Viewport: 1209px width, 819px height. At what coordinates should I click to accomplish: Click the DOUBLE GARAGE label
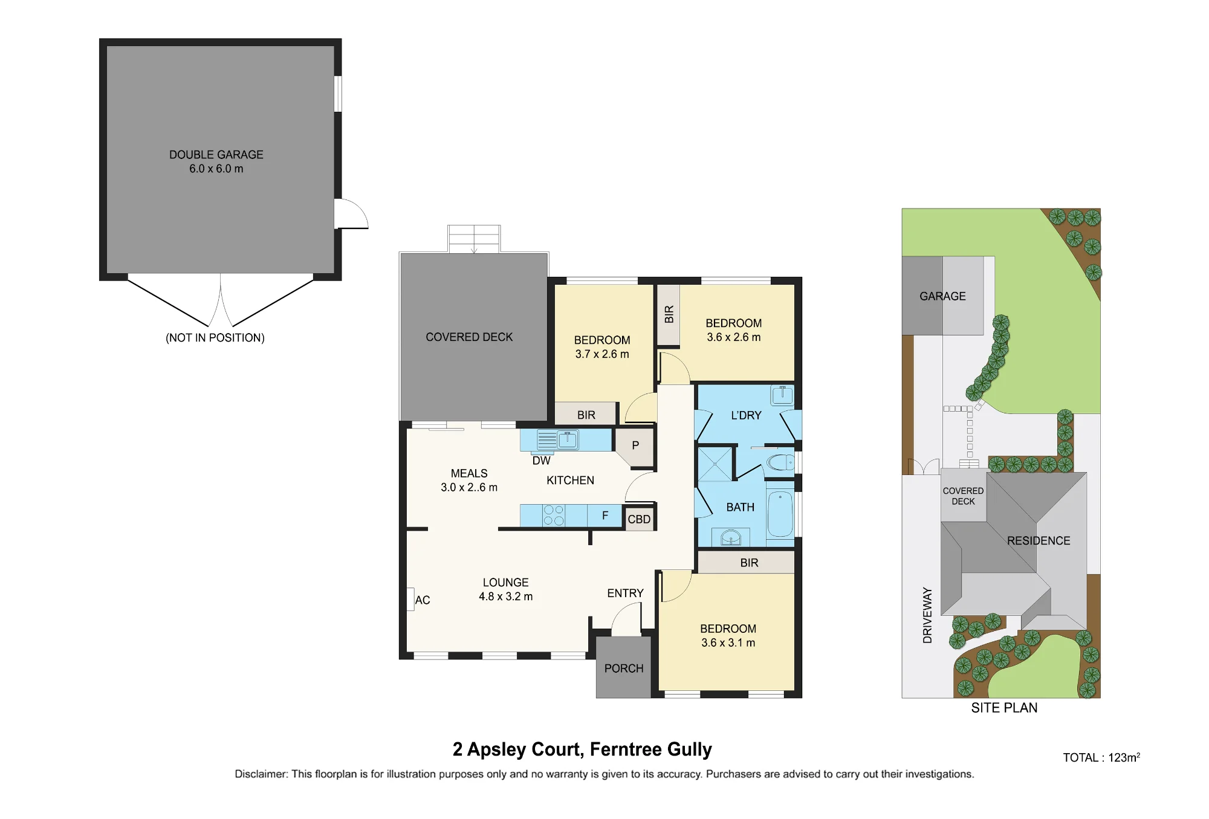click(216, 155)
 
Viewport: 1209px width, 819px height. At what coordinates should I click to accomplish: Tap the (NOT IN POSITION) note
click(215, 338)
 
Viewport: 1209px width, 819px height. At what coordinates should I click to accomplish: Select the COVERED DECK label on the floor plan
click(469, 337)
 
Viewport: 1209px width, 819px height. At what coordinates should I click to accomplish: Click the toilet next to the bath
click(780, 462)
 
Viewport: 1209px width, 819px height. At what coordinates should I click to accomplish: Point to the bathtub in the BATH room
click(780, 514)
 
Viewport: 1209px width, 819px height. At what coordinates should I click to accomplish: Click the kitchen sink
click(568, 439)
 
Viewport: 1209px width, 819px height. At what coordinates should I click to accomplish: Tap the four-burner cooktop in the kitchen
click(553, 516)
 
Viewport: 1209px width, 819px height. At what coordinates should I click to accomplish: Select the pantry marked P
click(635, 447)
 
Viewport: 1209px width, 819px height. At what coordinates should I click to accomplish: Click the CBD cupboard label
click(639, 519)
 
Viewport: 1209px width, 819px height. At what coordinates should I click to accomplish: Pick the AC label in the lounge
click(423, 600)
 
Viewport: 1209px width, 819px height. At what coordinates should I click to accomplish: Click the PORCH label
click(624, 668)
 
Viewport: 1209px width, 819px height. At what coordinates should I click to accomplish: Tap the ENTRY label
click(625, 594)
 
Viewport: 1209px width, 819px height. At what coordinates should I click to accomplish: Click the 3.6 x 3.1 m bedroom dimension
click(728, 643)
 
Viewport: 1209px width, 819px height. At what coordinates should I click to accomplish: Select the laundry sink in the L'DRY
click(782, 395)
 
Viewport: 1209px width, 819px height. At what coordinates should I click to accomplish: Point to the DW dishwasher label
click(541, 461)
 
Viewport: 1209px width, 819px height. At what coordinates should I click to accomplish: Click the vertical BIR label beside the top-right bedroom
click(669, 314)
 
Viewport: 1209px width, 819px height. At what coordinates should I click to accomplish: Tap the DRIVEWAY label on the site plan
click(927, 615)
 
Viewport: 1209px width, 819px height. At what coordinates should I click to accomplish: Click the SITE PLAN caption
click(1004, 708)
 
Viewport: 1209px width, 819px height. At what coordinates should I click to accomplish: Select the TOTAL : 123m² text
click(1101, 757)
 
